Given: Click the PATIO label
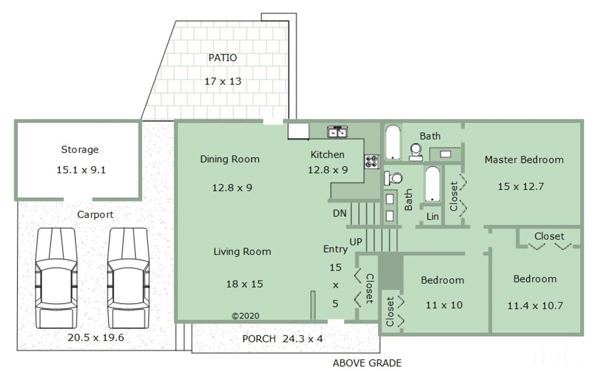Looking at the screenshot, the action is pos(223,58).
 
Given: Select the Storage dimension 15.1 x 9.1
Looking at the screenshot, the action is pos(81,170).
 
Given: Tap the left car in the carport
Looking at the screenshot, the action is pos(56,278).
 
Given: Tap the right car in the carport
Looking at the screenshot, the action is pos(128,278).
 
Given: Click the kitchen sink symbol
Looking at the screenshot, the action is pos(338,132).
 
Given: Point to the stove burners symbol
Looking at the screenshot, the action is pos(372,162).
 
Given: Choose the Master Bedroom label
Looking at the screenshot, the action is pos(524,160).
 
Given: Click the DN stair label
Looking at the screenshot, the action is pos(340,213).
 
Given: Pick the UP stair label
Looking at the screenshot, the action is pos(356,242).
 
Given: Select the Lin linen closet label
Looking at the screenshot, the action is pos(433,216).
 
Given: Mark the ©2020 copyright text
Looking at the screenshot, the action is pos(246,316).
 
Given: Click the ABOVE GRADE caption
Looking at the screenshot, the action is pos(367,363).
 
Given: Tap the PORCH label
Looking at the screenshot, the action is pos(259,339).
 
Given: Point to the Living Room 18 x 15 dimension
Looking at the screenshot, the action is pos(245,284).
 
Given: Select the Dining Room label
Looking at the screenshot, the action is pos(230,159).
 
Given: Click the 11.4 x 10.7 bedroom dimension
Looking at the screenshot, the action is pos(535,306).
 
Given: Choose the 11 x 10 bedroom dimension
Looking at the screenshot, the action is pos(444,305).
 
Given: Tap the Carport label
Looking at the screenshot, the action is pos(95,214).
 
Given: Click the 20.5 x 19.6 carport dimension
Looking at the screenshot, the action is pos(96,338).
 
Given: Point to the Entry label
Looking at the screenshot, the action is pos(335,249).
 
